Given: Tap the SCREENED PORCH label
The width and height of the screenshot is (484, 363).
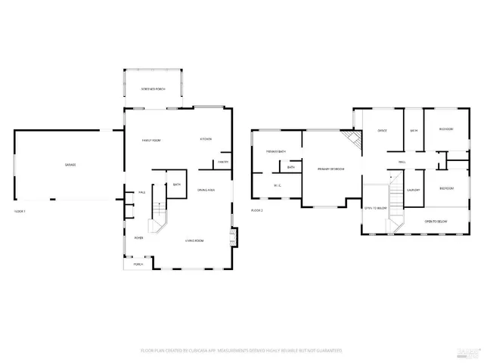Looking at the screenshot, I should (153, 89).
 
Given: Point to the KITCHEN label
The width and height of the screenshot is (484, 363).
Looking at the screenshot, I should (205, 139).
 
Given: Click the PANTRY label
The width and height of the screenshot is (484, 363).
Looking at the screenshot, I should (223, 162).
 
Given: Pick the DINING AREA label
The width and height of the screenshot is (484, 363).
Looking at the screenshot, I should (206, 190).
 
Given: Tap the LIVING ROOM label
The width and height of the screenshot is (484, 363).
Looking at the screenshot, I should (196, 241).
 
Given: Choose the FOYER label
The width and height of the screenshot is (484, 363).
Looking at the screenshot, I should (139, 237).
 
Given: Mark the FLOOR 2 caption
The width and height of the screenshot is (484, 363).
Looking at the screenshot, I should (257, 210).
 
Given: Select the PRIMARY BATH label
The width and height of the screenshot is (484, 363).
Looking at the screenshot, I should (275, 152).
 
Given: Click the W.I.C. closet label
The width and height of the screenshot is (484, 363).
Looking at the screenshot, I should (276, 185).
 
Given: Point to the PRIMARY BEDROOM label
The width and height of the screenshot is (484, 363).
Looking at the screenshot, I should (330, 169).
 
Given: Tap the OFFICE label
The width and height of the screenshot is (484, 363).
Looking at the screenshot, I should (382, 131).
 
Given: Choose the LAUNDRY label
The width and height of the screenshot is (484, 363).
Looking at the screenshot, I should (413, 190).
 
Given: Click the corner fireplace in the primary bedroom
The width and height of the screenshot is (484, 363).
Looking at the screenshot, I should (349, 138).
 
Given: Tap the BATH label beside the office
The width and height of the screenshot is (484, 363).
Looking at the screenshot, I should (413, 131).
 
